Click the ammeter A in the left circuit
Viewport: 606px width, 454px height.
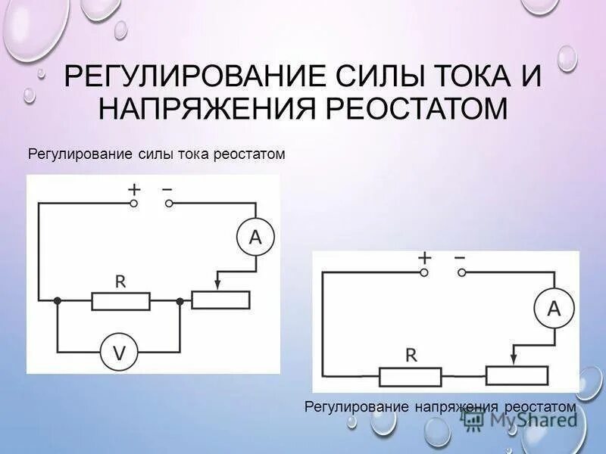point(255,238)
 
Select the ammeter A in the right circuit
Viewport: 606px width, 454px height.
point(553,308)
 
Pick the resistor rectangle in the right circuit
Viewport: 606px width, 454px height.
point(410,375)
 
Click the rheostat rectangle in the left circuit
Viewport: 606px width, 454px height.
point(220,300)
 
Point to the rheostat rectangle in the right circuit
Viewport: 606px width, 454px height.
point(517,375)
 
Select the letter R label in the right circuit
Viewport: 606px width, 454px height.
point(410,353)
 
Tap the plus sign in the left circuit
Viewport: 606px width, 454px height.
point(134,190)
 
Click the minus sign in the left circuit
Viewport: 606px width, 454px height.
point(167,189)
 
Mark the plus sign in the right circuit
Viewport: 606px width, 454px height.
point(424,258)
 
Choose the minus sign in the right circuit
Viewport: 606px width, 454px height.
point(459,257)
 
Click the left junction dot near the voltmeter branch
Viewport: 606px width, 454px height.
point(58,300)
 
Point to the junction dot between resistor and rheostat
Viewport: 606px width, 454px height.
point(180,300)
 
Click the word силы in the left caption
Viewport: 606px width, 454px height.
point(158,154)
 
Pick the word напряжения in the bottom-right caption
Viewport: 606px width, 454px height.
point(454,407)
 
